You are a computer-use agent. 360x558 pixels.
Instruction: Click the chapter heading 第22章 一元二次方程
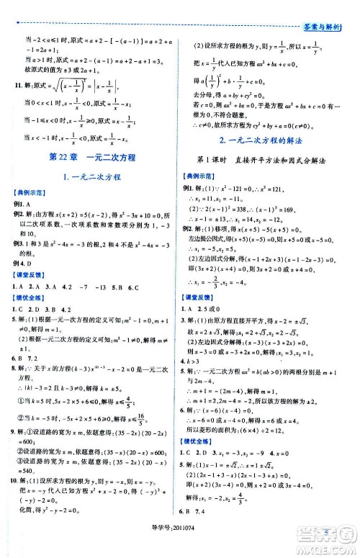(90, 156)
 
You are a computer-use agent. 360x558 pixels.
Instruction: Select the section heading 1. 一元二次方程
(91, 176)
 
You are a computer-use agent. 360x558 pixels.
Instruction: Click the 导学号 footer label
(164, 551)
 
